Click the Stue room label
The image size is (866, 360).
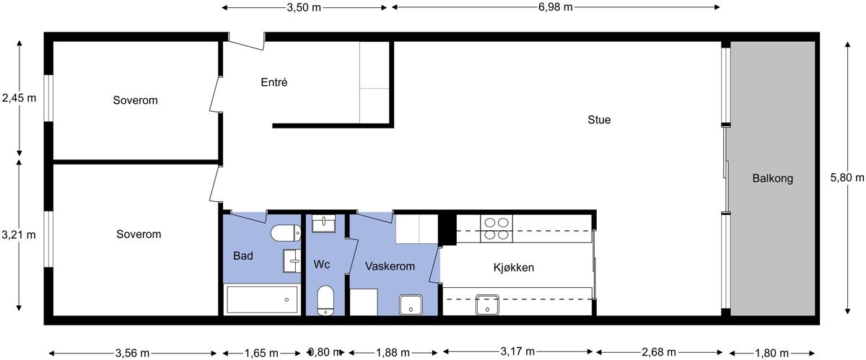599,120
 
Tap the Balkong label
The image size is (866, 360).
772,178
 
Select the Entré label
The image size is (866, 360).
274,82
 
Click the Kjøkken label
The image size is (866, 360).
514,267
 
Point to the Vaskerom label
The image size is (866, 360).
390,266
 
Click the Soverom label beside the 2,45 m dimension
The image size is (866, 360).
135,100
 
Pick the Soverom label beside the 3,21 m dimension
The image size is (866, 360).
139,234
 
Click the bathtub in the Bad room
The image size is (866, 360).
261,299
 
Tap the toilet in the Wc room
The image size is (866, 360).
326,300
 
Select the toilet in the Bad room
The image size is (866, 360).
287,233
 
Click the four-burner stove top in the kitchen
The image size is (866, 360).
497,229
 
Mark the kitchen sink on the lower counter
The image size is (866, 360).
488,305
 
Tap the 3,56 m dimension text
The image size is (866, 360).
134,353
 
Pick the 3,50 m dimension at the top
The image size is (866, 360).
304,8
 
